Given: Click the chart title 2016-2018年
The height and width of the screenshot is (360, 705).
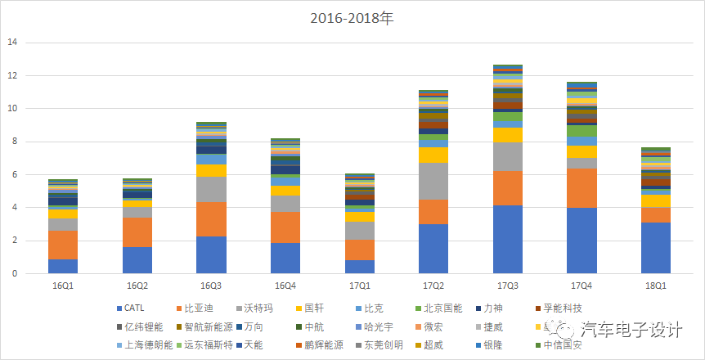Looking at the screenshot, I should coord(352,17).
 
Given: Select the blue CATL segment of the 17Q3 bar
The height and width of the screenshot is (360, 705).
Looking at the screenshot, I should coord(507,239).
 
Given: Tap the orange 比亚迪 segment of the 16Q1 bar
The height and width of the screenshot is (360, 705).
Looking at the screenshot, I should coord(63,245).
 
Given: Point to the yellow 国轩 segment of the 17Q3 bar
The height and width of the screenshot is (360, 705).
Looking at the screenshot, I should coord(507,135).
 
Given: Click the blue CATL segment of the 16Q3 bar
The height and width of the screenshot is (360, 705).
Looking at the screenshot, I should coord(211,254).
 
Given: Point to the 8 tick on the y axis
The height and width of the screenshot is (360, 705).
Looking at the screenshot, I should coord(14,142).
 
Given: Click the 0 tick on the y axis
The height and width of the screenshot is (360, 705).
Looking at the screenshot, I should coord(14,273).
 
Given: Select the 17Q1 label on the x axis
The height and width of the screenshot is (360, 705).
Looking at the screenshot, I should coord(359,286).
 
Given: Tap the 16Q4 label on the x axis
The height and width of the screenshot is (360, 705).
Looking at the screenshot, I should coord(285,286).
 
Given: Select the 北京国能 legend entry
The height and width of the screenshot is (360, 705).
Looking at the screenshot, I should coord(442,308).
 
